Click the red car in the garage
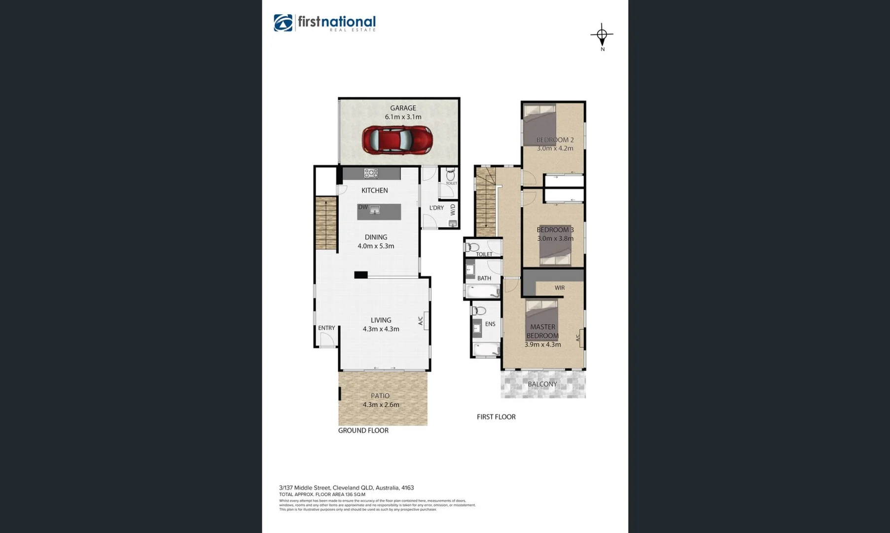(x=397, y=140)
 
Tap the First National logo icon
(x=283, y=23)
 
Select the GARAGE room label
(x=403, y=108)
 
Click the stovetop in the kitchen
(x=371, y=173)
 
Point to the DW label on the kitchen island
(x=363, y=207)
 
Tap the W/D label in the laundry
(x=453, y=210)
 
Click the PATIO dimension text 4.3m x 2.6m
(x=381, y=405)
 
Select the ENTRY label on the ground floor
(x=326, y=328)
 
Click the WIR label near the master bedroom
(x=559, y=288)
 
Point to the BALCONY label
(x=542, y=384)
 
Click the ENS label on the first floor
(x=490, y=324)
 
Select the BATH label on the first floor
(x=484, y=278)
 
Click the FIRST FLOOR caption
(x=496, y=417)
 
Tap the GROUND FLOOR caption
(x=363, y=430)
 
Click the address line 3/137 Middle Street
(x=346, y=488)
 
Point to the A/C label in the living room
(x=421, y=321)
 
